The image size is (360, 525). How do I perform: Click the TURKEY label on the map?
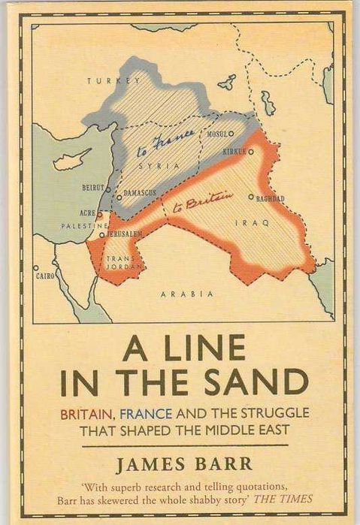113,80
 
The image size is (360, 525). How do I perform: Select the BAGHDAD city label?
270,198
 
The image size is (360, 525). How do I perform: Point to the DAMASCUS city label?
139,193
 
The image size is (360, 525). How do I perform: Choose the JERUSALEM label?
123,234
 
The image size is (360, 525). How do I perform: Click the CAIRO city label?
45,276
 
